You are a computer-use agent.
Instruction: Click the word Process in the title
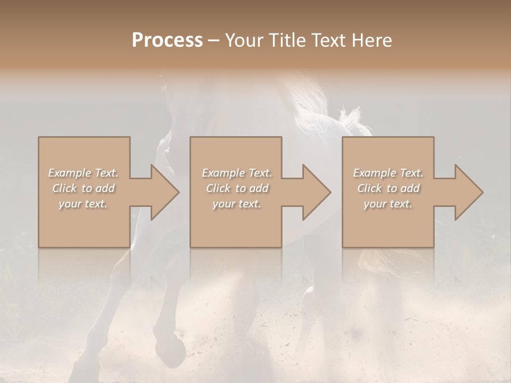pyautogui.click(x=167, y=40)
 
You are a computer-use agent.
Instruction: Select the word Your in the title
pyautogui.click(x=245, y=40)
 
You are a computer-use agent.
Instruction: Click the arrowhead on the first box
pyautogui.click(x=162, y=192)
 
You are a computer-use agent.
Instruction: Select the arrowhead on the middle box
pyautogui.click(x=314, y=192)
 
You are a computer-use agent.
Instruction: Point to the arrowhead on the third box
pyautogui.click(x=466, y=192)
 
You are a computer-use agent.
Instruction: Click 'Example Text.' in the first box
pyautogui.click(x=84, y=173)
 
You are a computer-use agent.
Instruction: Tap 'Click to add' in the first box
pyautogui.click(x=84, y=188)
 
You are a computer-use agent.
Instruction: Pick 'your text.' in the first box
pyautogui.click(x=84, y=204)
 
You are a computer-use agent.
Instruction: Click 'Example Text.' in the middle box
pyautogui.click(x=237, y=173)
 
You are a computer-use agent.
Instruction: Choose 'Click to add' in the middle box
pyautogui.click(x=237, y=188)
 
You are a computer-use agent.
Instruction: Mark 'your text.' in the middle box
pyautogui.click(x=237, y=204)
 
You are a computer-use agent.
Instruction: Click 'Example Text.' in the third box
pyautogui.click(x=388, y=173)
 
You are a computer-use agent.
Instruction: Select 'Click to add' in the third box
pyautogui.click(x=388, y=188)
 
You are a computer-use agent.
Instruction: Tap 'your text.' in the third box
pyautogui.click(x=388, y=204)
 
